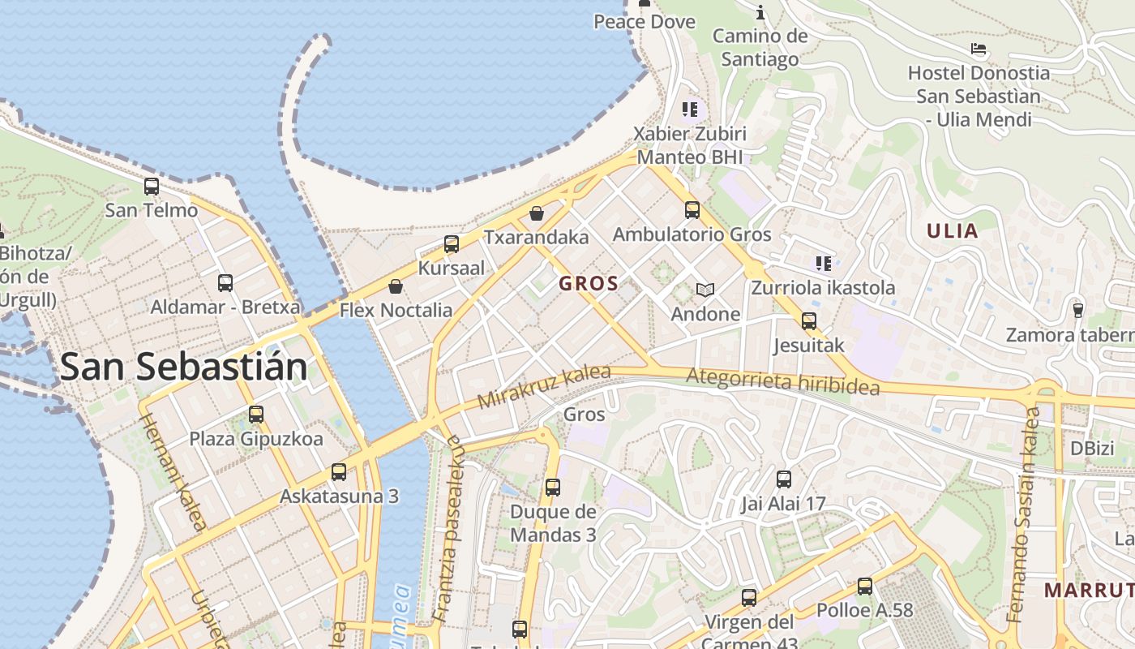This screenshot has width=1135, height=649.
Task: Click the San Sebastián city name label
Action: [x=184, y=367]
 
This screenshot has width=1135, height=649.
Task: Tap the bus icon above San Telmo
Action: [x=152, y=187]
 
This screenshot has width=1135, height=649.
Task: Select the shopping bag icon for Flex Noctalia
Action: [x=396, y=286]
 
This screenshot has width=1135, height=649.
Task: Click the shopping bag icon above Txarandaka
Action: [x=536, y=213]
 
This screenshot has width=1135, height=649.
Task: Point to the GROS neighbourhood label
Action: [x=589, y=284]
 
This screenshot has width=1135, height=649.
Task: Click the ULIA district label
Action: [x=953, y=231]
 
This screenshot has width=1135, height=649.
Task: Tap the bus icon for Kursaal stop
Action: [x=452, y=244]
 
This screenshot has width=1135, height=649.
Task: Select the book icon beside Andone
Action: [x=705, y=290]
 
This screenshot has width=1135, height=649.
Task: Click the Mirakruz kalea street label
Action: [x=544, y=387]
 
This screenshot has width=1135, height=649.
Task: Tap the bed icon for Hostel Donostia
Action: [x=979, y=49]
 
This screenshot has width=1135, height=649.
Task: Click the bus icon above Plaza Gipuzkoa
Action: [x=256, y=415]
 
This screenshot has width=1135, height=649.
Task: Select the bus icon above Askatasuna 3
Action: [x=339, y=472]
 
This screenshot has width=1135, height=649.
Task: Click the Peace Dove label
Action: [x=645, y=22]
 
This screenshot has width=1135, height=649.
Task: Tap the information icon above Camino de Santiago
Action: [x=760, y=12]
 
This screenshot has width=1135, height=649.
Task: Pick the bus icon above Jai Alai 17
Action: [x=783, y=479]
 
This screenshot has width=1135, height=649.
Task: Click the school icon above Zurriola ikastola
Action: [x=824, y=263]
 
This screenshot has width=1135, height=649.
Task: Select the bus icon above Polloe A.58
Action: [x=865, y=587]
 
